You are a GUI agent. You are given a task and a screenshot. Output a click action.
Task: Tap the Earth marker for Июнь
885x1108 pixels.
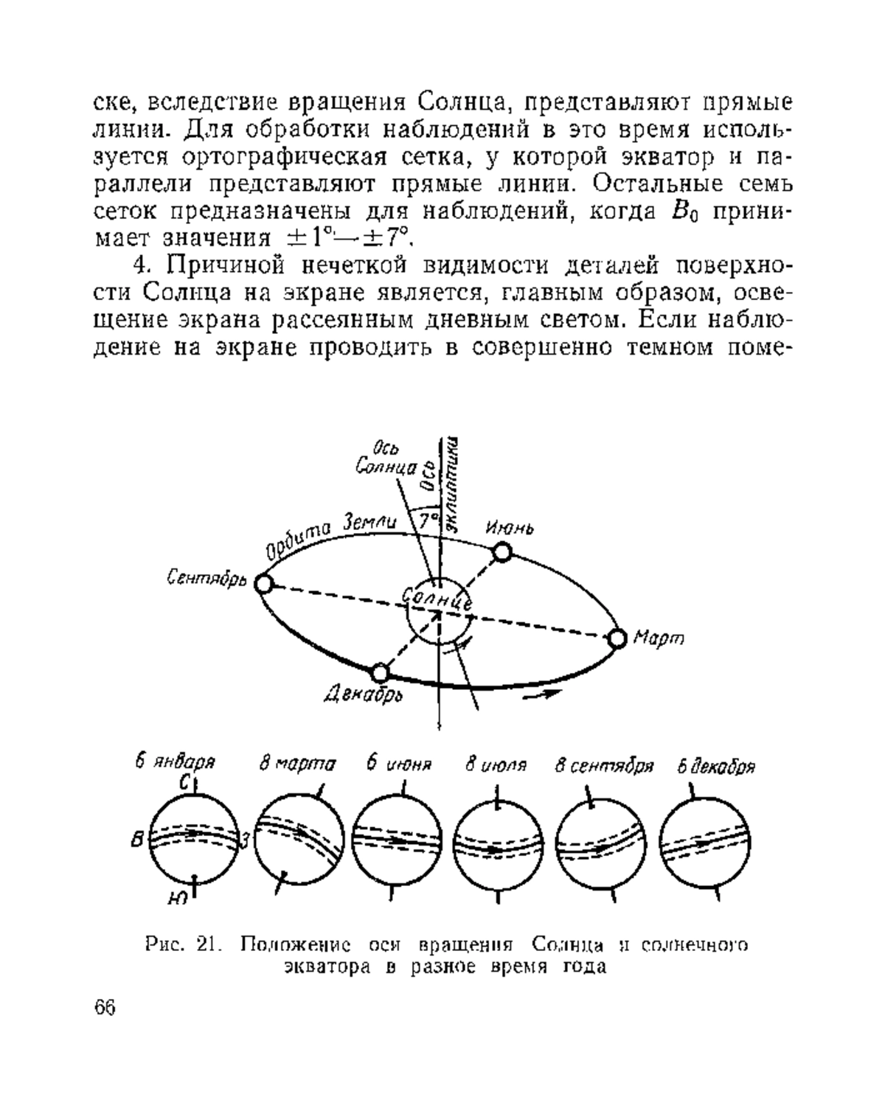pos(502,552)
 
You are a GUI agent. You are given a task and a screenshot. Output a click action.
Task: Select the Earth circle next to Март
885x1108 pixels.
pos(617,638)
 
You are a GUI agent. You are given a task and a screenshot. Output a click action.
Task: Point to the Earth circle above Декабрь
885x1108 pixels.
pos(380,672)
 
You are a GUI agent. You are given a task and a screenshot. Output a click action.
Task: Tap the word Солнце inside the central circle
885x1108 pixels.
pos(437,598)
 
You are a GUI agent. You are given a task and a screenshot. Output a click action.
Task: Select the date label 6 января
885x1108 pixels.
pos(175,762)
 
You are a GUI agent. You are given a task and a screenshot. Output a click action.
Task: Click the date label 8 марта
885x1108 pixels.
pos(297,764)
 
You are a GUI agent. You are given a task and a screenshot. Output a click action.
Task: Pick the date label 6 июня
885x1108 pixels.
pos(399,764)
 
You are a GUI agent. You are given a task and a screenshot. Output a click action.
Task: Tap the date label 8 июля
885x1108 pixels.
pos(496,764)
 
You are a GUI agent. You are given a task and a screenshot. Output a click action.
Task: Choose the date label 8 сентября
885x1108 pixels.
pos(604,766)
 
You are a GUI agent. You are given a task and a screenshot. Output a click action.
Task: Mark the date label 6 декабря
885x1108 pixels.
pos(716,767)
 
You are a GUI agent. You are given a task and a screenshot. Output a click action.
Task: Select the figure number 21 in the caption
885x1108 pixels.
pos(209,945)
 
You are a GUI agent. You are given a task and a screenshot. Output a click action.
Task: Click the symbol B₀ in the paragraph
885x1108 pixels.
pos(686,212)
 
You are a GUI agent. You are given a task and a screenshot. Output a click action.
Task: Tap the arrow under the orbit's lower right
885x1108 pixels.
pos(542,694)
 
